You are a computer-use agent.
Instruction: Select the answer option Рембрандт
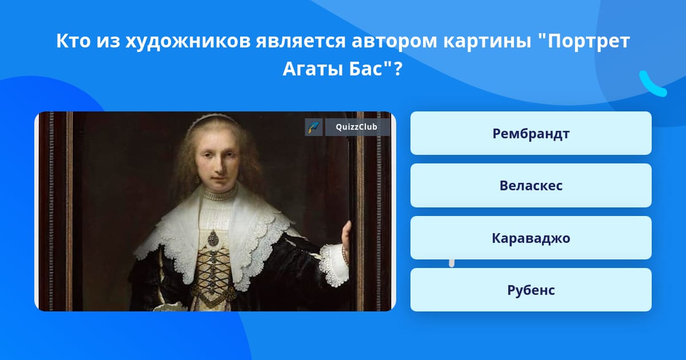pyautogui.click(x=531, y=133)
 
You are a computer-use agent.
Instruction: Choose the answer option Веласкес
pyautogui.click(x=531, y=186)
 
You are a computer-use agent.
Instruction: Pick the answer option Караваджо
pyautogui.click(x=531, y=238)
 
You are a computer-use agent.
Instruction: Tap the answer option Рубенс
pyautogui.click(x=531, y=290)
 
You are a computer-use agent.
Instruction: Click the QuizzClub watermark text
pyautogui.click(x=356, y=127)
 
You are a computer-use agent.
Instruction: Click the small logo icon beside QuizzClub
pyautogui.click(x=314, y=127)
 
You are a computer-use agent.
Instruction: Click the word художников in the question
pyautogui.click(x=188, y=41)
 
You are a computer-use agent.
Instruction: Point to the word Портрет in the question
pyautogui.click(x=588, y=42)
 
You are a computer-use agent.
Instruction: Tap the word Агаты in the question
pyautogui.click(x=313, y=69)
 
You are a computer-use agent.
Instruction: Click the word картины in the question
pyautogui.click(x=487, y=42)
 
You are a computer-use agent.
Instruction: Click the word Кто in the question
pyautogui.click(x=73, y=41)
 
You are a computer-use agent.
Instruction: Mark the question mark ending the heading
pyautogui.click(x=398, y=69)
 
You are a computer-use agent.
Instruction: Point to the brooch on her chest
pyautogui.click(x=213, y=238)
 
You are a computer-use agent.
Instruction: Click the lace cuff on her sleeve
pyautogui.click(x=333, y=264)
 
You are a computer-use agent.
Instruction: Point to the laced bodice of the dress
pyautogui.click(x=213, y=275)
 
